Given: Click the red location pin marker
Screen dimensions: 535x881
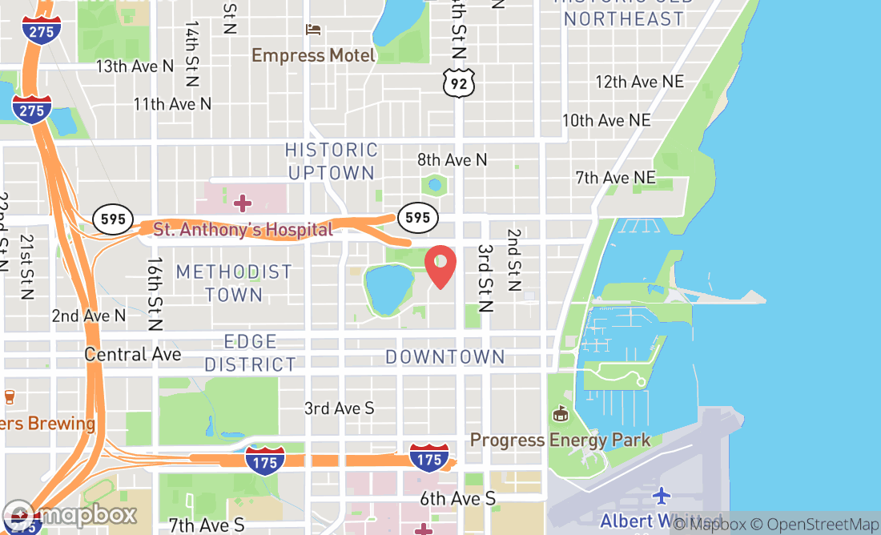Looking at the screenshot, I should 440,267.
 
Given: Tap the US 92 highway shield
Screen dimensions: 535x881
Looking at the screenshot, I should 459,82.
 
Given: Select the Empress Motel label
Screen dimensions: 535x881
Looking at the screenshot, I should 313,55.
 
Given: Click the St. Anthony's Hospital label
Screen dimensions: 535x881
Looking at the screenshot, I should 243,230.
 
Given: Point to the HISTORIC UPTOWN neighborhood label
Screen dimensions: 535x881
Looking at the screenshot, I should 332,161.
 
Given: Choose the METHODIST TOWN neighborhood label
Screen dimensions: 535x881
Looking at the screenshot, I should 234,283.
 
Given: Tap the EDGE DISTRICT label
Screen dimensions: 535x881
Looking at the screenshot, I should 251,353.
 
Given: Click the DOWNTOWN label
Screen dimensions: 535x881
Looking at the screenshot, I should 445,356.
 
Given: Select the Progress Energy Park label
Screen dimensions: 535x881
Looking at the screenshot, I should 560,440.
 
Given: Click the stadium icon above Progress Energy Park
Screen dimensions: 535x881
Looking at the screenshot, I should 561,415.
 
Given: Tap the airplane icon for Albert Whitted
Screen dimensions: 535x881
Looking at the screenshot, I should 661,496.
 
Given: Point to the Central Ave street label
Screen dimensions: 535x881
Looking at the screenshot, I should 133,354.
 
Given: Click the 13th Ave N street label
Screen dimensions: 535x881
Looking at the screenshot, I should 135,66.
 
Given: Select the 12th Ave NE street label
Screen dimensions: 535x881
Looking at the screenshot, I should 639,82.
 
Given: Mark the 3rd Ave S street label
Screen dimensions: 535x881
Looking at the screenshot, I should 339,408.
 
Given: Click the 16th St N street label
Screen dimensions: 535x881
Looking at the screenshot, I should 155,294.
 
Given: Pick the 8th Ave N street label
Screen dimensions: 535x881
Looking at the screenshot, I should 452,160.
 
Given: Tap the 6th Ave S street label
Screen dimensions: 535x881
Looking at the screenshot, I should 457,499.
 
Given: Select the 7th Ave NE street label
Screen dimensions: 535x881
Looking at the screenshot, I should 615,177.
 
